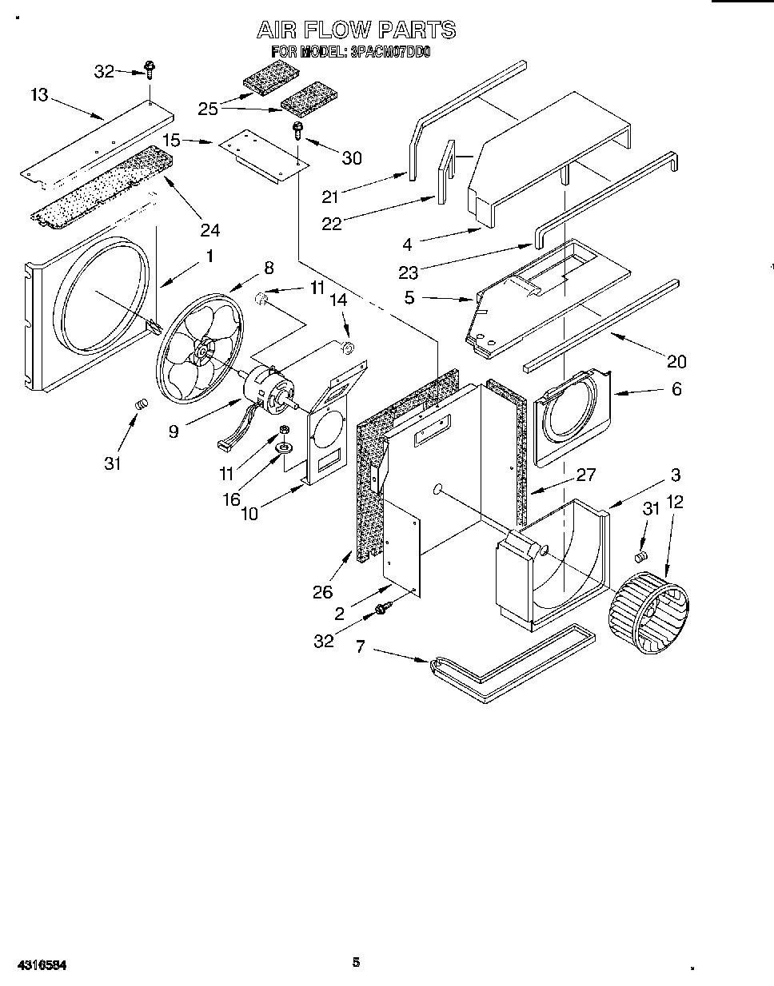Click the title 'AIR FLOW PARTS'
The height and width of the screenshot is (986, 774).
pos(356,30)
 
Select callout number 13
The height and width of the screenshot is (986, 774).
pos(39,95)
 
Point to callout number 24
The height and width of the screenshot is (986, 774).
pos(209,230)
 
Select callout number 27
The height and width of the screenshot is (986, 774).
pos(586,474)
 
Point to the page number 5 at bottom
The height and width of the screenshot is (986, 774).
pos(357,962)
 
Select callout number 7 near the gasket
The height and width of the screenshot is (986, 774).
pos(361,646)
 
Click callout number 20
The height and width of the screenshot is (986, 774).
pos(676,362)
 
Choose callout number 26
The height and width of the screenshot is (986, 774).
pos(322,592)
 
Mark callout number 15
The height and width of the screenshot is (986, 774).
pos(171,140)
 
